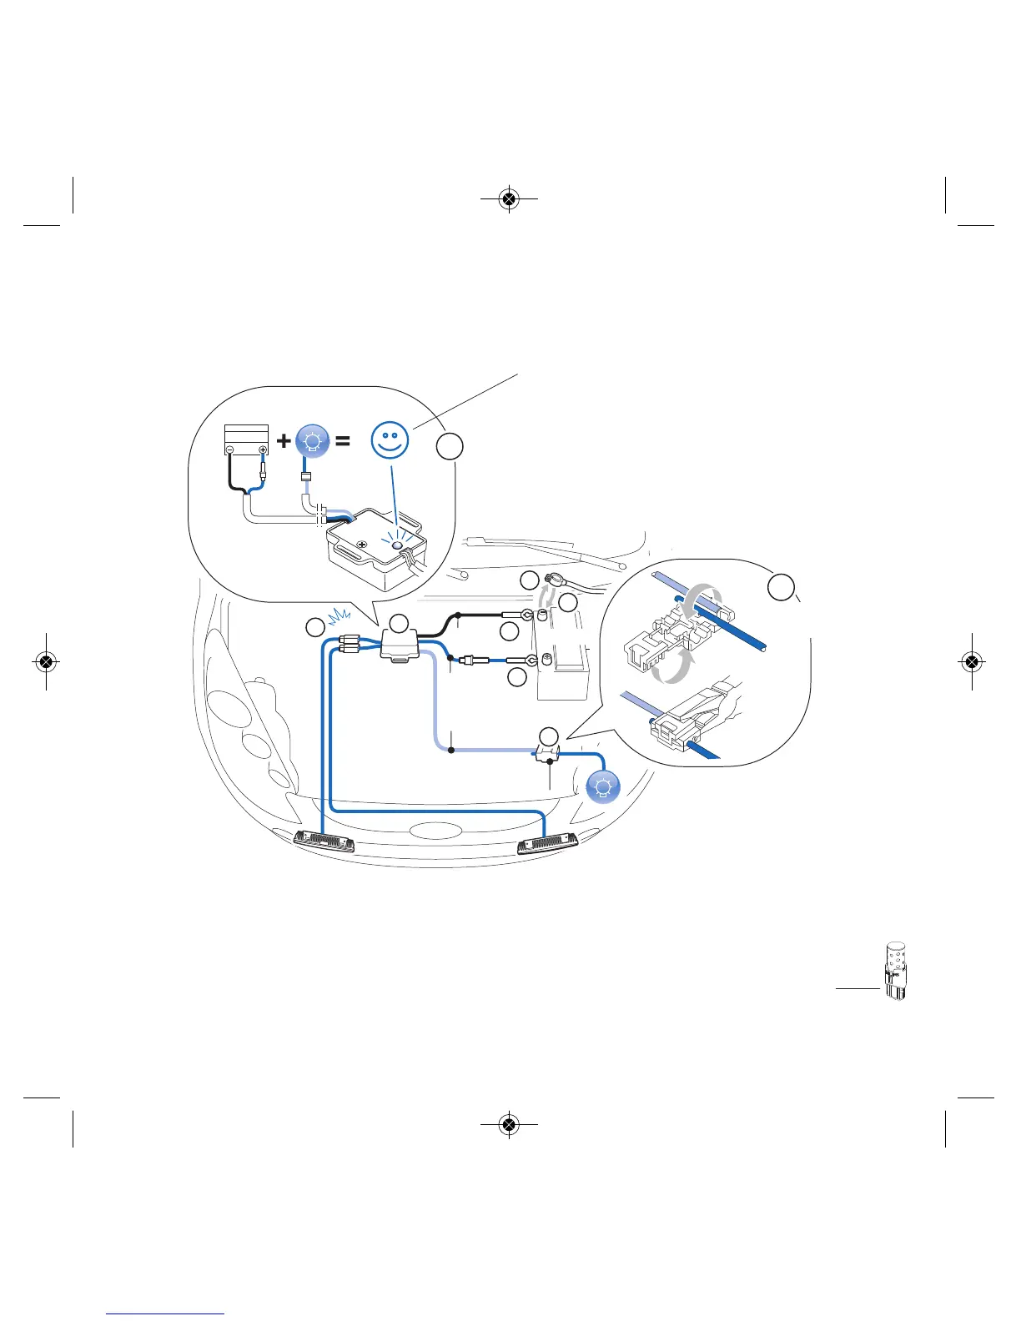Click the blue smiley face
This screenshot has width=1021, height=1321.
click(390, 440)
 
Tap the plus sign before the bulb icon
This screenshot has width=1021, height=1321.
click(284, 440)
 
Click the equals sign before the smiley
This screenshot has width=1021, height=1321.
click(342, 441)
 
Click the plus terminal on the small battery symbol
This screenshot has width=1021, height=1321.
click(263, 450)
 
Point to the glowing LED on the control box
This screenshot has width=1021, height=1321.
click(398, 545)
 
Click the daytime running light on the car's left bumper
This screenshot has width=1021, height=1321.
click(324, 841)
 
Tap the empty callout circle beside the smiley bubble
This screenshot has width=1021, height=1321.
click(450, 446)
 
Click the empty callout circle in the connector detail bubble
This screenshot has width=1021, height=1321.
click(781, 586)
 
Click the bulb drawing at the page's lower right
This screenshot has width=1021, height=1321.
click(895, 971)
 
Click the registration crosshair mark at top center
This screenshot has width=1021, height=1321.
click(509, 199)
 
